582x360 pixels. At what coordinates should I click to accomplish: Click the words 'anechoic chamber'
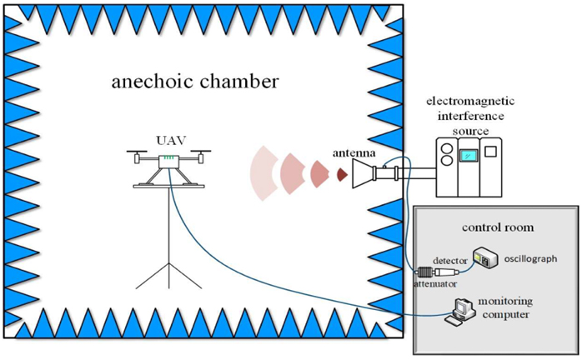point(195,82)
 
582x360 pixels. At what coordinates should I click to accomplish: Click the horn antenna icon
point(367,175)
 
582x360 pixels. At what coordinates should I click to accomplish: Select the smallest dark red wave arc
point(342,175)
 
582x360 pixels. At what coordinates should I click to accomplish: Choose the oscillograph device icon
point(486,258)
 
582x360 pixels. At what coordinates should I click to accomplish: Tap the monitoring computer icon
point(462,310)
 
